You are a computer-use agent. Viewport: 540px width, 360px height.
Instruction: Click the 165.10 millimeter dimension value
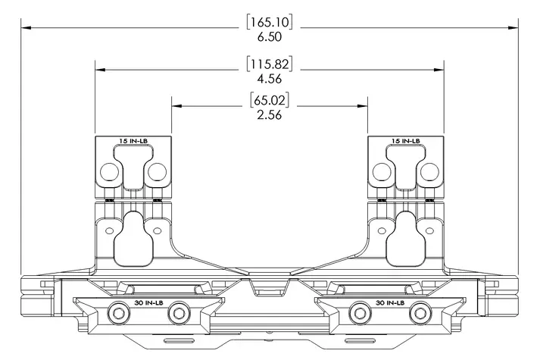pos(270,23)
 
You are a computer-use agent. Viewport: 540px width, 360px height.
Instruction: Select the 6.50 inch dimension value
pos(270,37)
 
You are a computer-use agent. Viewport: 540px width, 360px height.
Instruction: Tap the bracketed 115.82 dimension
pos(270,64)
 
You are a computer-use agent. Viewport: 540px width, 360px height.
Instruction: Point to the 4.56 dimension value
pos(270,79)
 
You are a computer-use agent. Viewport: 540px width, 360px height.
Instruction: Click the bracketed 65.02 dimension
pos(270,100)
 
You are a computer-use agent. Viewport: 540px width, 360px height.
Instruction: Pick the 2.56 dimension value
pos(270,114)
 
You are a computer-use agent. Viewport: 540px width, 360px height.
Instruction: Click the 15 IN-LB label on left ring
pos(133,141)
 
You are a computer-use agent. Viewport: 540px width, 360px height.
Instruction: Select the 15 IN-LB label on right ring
pos(406,141)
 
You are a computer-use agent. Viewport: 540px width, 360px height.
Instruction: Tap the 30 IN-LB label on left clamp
pos(148,303)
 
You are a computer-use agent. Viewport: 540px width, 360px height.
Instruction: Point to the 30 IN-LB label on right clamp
pos(390,303)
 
